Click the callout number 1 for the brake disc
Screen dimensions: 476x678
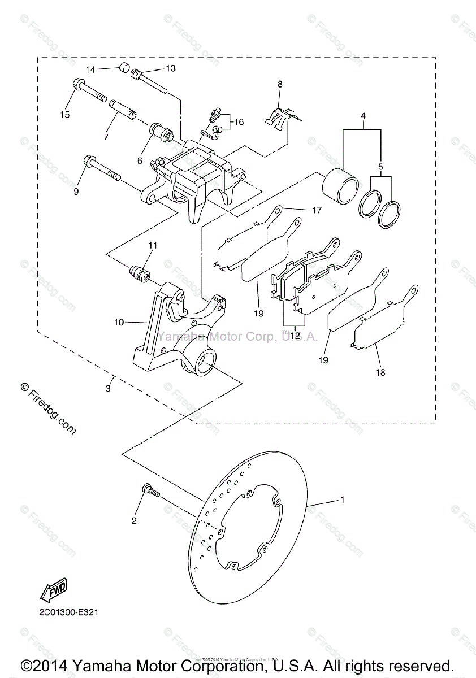click(342, 499)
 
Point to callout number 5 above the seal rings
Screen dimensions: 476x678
click(380, 168)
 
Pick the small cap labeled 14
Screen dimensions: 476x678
click(123, 70)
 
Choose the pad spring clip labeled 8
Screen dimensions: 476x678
click(278, 119)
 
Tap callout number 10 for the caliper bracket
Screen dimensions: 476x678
click(119, 322)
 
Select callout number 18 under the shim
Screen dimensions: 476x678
click(380, 372)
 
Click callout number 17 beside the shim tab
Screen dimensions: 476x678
click(315, 210)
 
